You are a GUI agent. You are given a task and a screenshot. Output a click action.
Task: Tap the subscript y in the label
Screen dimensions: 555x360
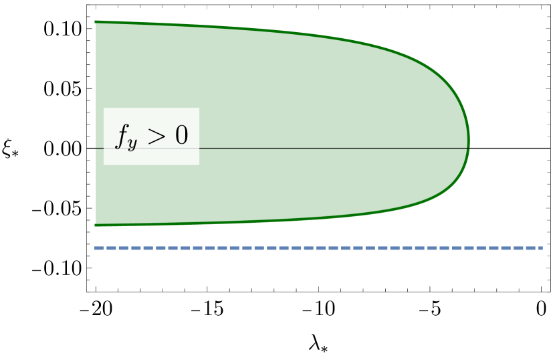coord(132,144)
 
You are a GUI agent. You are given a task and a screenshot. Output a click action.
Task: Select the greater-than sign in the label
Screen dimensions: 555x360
coord(156,136)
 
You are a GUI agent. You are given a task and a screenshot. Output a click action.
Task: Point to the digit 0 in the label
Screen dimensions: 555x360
coord(181,135)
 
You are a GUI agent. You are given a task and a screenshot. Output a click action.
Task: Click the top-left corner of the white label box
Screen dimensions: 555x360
coord(104,108)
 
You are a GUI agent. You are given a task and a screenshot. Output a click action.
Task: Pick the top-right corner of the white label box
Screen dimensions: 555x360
coord(199,108)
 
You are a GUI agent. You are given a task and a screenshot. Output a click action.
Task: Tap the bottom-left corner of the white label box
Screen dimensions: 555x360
coord(104,164)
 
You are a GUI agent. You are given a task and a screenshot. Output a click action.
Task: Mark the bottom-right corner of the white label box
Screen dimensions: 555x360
coord(199,164)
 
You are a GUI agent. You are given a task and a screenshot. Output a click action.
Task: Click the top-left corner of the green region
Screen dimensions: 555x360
coord(96,21)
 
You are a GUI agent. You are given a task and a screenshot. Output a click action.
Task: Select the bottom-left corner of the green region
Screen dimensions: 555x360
coord(96,226)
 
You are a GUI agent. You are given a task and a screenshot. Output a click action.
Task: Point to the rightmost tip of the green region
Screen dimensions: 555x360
coord(470,141)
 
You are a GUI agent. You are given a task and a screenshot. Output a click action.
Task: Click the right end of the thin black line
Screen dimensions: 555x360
coord(469,148)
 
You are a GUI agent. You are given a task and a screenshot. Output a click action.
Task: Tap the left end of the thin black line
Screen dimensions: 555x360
coord(96,148)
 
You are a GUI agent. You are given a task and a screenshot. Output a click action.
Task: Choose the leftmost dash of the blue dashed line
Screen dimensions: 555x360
coord(99,248)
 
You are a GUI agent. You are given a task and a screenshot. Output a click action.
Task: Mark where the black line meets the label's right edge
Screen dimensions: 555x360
coord(199,148)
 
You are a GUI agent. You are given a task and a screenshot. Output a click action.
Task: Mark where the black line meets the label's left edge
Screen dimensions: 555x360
coord(104,148)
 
